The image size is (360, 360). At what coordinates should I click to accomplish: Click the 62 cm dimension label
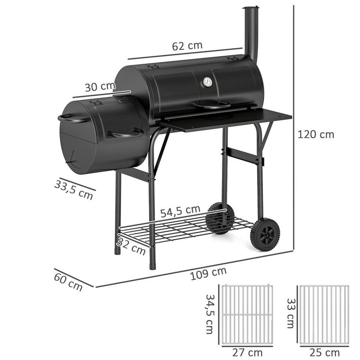[x=187, y=46]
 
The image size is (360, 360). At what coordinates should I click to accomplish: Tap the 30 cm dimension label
[x=99, y=86]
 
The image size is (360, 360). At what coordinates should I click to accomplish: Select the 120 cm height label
[x=316, y=135]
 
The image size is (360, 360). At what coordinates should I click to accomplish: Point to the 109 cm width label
[x=208, y=274]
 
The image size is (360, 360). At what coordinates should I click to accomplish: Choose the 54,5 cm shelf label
[x=180, y=211]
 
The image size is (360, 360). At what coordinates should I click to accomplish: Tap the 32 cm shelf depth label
[x=131, y=247]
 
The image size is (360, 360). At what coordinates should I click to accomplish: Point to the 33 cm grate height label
[x=290, y=313]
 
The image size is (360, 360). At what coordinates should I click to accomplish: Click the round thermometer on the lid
[x=207, y=82]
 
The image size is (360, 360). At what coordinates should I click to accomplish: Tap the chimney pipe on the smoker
[x=251, y=33]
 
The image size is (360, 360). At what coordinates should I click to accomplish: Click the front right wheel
[x=265, y=234]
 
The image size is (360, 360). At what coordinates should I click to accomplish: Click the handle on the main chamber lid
[x=213, y=106]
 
